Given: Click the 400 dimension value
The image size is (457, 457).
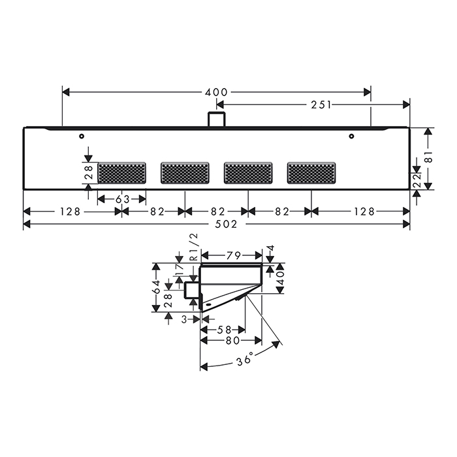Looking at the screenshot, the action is [216, 93].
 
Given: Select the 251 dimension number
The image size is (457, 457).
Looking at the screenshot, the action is [321, 105].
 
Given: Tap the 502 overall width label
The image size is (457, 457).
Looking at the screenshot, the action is [226, 224].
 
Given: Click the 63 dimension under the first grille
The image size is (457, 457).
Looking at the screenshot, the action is [123, 199].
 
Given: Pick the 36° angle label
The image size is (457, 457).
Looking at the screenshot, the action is [244, 359].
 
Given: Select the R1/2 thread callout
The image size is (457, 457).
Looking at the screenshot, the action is [194, 247].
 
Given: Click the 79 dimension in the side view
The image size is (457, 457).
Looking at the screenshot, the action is [233, 256].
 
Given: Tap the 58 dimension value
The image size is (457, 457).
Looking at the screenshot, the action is [224, 330].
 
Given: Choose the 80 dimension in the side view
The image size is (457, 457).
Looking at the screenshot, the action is [232, 340].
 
